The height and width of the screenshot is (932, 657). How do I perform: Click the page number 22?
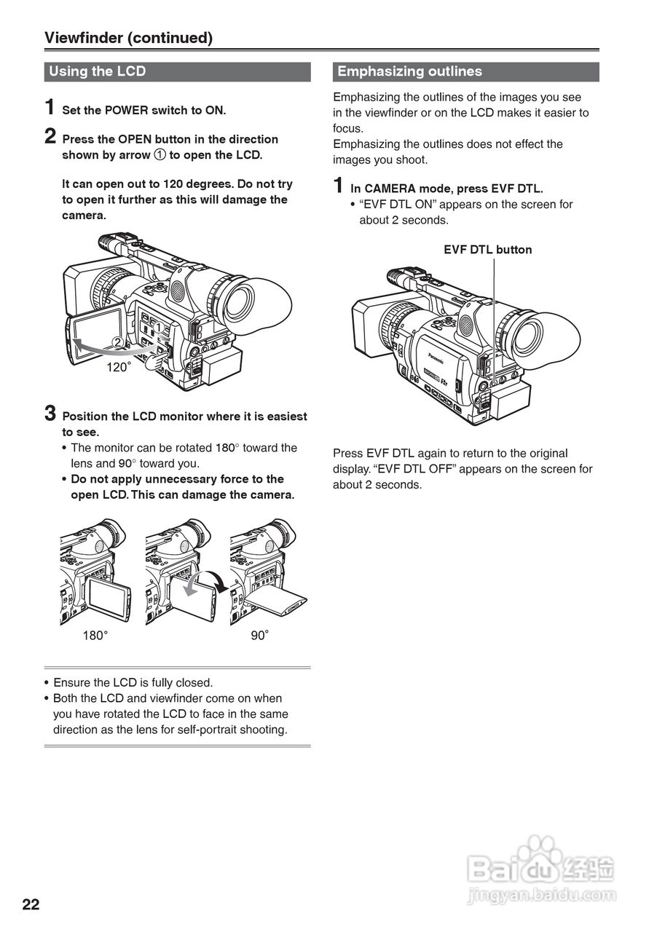click(x=31, y=905)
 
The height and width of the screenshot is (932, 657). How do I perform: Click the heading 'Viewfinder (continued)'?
click(x=128, y=38)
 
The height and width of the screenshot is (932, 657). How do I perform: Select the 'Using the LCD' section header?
click(x=97, y=71)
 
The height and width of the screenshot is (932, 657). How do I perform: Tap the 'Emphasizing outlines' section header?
click(x=409, y=71)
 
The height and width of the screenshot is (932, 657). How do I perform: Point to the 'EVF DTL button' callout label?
click(x=487, y=250)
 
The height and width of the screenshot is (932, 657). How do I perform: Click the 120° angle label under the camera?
click(x=118, y=367)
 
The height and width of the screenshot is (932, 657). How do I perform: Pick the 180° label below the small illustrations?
click(x=95, y=636)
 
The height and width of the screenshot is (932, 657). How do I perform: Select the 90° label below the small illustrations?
click(x=260, y=636)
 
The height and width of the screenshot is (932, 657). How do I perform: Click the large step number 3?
click(x=50, y=414)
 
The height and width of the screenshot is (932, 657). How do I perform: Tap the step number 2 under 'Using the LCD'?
click(x=50, y=136)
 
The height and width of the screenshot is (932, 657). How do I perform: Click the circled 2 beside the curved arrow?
click(x=117, y=343)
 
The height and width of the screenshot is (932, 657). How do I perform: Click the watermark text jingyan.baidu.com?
click(x=542, y=895)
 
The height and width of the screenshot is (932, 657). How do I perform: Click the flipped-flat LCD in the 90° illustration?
click(x=280, y=601)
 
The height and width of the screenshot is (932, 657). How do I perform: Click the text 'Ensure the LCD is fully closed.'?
click(x=133, y=683)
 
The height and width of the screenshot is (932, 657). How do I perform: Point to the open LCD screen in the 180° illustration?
click(x=109, y=597)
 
